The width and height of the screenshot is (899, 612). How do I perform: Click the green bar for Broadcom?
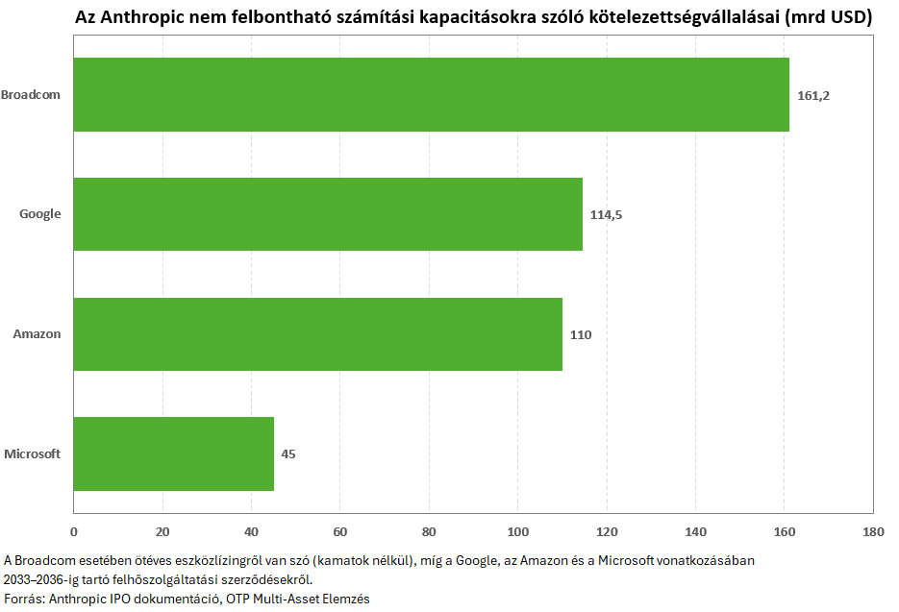tap(431, 94)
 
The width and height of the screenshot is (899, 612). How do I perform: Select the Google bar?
tap(328, 214)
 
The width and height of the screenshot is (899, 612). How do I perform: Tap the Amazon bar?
tap(318, 334)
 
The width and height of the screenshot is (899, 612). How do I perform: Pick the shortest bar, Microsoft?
tap(174, 453)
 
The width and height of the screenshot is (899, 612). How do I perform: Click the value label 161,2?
tap(813, 96)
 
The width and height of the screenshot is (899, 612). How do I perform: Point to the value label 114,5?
tap(606, 215)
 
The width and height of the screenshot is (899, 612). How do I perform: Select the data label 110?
tap(580, 334)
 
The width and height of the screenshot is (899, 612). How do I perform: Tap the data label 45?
tap(288, 453)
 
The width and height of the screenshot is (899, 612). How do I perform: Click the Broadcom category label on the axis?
tap(31, 94)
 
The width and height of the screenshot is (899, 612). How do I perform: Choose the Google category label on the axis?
tap(40, 214)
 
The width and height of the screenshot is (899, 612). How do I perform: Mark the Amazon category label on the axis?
tap(37, 334)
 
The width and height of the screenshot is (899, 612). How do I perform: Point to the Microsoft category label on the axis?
tap(32, 453)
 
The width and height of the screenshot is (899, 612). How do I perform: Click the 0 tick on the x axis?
tap(74, 531)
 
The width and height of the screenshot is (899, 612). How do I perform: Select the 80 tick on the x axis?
tap(429, 531)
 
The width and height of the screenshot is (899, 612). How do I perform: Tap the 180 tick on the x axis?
tap(873, 531)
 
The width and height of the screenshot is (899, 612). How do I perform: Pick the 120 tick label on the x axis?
tap(607, 531)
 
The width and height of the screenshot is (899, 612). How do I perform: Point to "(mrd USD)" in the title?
tap(828, 17)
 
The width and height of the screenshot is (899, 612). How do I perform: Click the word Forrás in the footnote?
tap(24, 599)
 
